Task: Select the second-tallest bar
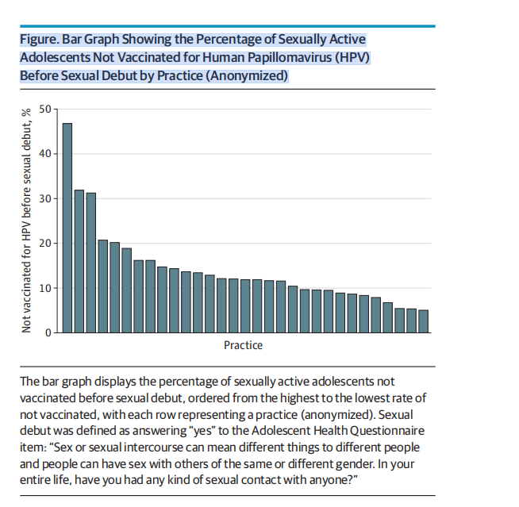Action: [x=79, y=261]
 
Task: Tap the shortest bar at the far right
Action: [x=423, y=321]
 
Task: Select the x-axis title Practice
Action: [x=243, y=345]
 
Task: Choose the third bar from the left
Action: [x=91, y=263]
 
